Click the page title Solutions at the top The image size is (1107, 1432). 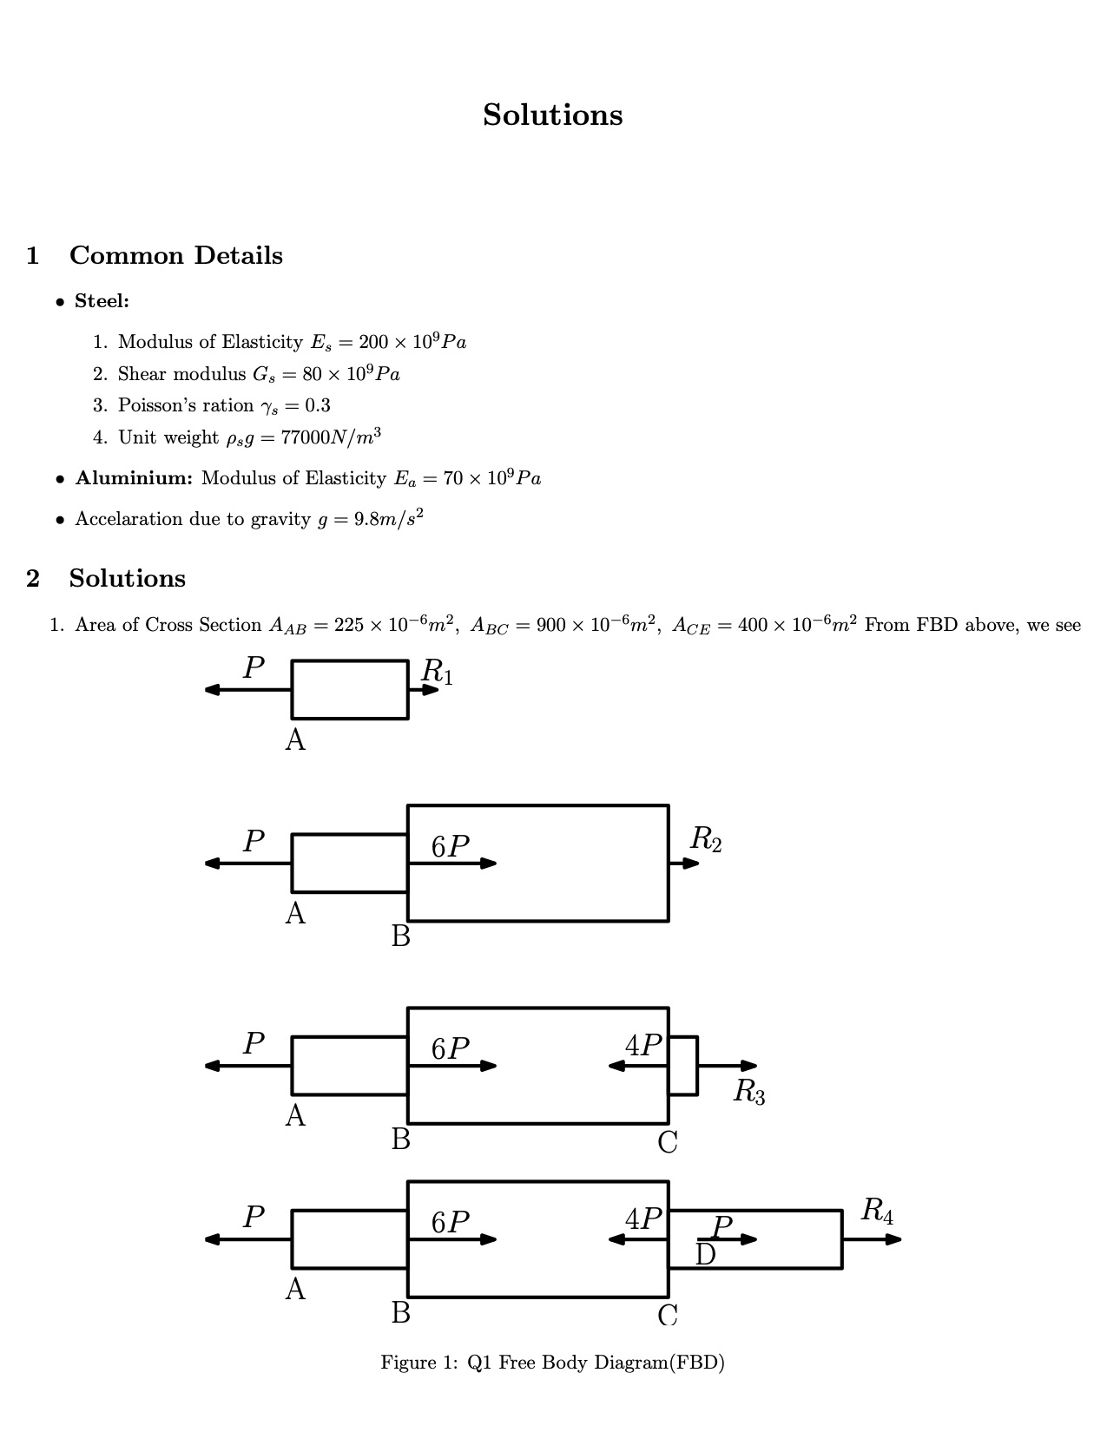552,115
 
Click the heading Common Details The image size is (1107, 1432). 175,256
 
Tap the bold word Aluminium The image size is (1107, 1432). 134,478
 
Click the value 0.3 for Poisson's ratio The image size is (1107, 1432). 318,405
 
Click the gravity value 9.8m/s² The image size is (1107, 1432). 388,519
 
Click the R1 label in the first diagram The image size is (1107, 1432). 436,671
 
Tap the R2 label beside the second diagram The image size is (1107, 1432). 705,838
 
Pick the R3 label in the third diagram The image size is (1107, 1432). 748,1091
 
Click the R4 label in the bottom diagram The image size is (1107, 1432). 876,1210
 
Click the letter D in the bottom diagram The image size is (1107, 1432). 705,1255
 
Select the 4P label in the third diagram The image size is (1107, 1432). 643,1046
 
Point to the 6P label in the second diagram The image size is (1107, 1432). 451,846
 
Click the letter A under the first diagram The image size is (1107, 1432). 295,740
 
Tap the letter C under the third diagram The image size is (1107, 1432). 667,1143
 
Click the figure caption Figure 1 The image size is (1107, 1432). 552,1363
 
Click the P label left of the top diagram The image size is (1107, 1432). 253,667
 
